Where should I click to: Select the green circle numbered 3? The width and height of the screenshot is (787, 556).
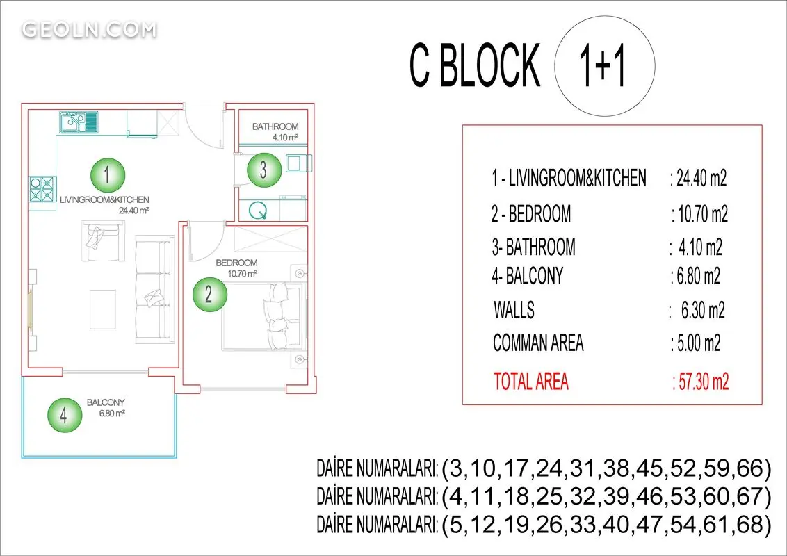point(263,170)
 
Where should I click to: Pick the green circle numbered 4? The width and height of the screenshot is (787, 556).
point(64,416)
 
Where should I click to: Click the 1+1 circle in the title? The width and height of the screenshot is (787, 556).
point(605,67)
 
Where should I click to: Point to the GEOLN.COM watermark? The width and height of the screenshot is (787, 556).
point(89,30)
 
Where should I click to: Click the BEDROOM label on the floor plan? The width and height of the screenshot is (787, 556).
point(236,263)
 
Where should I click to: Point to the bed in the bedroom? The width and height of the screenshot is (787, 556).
point(263,316)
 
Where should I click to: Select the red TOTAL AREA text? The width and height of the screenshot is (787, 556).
point(531,382)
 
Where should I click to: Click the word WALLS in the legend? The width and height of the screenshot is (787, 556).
point(514,310)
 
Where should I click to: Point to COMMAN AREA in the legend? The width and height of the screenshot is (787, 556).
point(538,343)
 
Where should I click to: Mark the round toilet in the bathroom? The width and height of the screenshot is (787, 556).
point(258,209)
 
